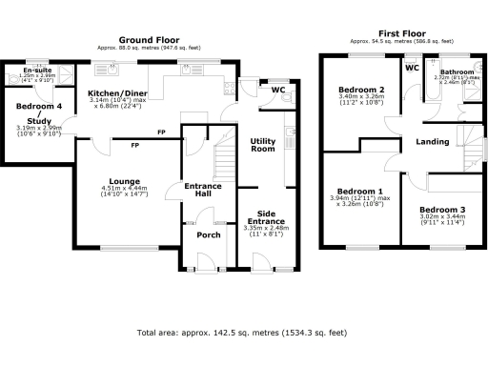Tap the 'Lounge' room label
coord(125,181)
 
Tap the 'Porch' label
coord(207,234)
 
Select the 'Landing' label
coord(433,143)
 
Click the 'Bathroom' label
coord(456,71)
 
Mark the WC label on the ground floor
coord(277,91)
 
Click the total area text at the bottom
coord(241,333)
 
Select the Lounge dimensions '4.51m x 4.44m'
coord(125,189)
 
